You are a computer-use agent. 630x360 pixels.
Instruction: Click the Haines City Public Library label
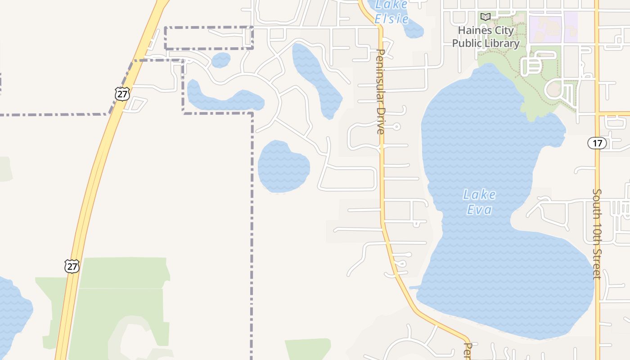coord(486,37)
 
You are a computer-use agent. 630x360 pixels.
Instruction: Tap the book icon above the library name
coord(485,17)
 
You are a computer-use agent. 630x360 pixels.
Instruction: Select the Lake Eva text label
coord(479,202)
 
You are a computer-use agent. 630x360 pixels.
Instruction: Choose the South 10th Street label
coord(597,234)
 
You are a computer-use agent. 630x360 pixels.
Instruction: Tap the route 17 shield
coord(597,143)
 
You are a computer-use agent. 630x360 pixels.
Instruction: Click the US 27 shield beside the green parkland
coord(72,266)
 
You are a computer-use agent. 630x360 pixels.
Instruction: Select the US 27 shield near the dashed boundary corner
coord(122,94)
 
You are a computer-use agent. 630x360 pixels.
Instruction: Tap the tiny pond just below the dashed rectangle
coord(220,60)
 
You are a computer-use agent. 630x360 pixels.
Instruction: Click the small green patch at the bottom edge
coord(308,349)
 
